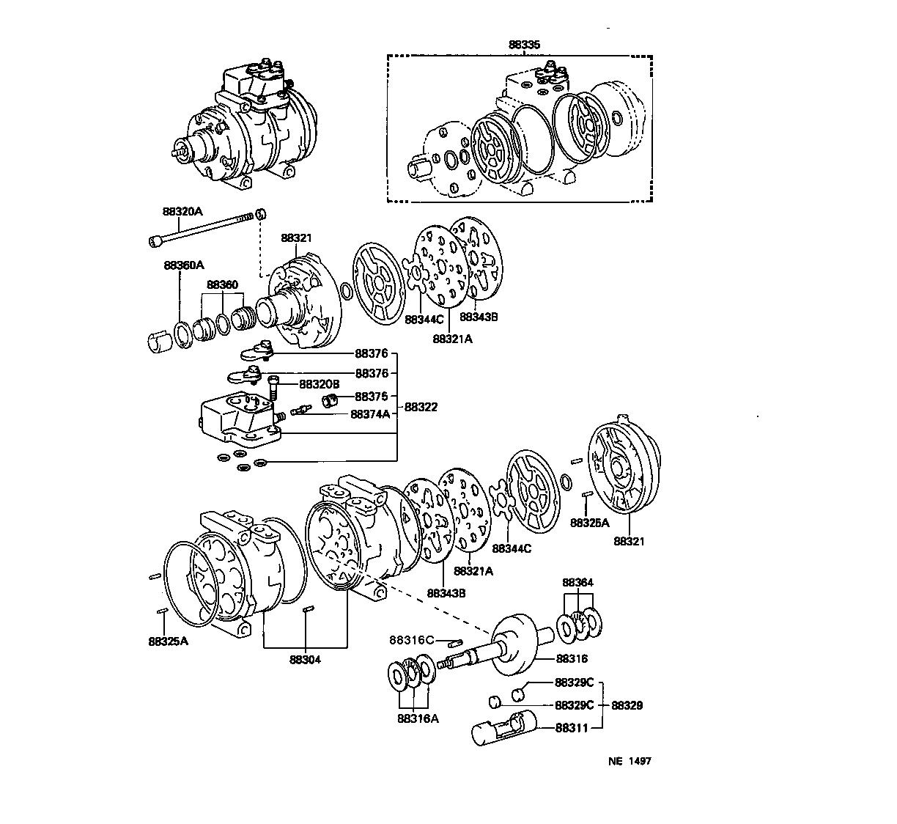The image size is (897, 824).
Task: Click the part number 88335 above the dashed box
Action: tap(524, 45)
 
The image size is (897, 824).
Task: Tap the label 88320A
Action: tap(182, 211)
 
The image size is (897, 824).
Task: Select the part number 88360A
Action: tap(184, 265)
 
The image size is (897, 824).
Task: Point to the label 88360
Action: tap(222, 284)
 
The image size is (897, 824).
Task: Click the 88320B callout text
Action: tap(319, 383)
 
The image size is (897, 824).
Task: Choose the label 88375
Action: tap(371, 396)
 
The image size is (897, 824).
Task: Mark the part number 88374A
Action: tap(370, 414)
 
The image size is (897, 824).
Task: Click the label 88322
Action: tap(421, 407)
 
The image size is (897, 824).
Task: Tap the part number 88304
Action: tap(305, 658)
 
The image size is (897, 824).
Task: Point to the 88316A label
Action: tap(418, 718)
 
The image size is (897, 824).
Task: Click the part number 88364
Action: tap(577, 582)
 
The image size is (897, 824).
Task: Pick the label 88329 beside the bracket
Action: tap(627, 705)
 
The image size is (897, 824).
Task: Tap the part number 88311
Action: tap(571, 727)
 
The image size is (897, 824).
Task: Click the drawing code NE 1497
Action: tap(629, 761)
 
